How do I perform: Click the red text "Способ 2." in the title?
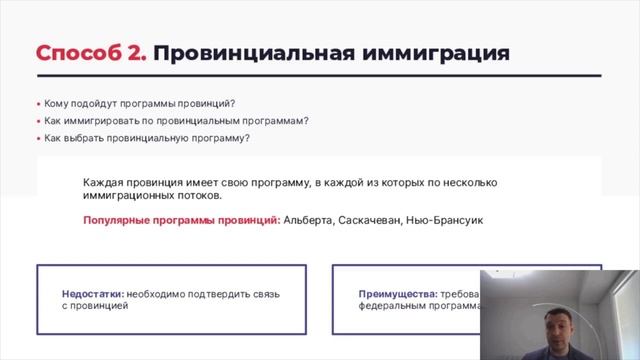[x=91, y=53]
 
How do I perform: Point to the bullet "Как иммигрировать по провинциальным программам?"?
[x=176, y=121]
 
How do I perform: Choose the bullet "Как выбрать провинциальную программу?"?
[x=147, y=138]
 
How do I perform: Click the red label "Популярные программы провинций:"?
[x=181, y=220]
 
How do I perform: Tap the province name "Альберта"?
[x=312, y=220]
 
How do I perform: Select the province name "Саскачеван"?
[x=372, y=220]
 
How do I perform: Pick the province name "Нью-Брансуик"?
[x=444, y=220]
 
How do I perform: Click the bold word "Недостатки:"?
[x=93, y=294]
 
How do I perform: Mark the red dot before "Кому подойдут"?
[x=39, y=103]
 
